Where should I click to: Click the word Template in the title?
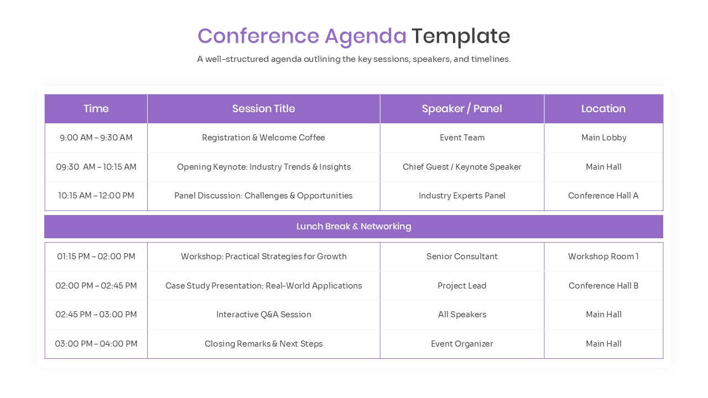coord(460,36)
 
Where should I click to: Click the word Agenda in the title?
coord(366,36)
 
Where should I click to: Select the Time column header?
coord(96,109)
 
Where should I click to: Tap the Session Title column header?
coord(263,109)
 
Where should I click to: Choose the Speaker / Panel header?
coord(462,109)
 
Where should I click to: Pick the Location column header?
coord(603,109)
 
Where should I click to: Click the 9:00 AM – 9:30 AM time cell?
coord(96,138)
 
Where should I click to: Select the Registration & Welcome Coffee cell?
coord(263,138)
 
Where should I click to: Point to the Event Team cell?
coord(462,138)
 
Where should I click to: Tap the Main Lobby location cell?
coord(603,138)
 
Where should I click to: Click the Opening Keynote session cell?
coord(263,167)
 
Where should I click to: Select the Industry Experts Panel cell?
coord(462,196)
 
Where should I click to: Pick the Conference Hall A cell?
coord(603,196)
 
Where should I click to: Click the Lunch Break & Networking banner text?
coord(353,227)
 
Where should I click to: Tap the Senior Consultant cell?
coord(462,256)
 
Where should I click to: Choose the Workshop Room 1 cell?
coord(603,256)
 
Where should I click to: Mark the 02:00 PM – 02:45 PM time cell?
coord(96,286)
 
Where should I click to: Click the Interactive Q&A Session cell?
coord(263,315)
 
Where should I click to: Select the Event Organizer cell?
coord(462,344)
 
